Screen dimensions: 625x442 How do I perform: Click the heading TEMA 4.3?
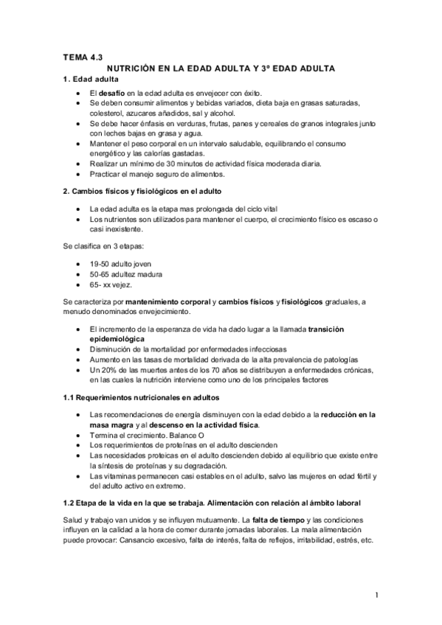point(83,56)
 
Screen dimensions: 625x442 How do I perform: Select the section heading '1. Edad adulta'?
point(91,79)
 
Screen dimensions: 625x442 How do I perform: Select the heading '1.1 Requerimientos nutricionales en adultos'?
point(142,398)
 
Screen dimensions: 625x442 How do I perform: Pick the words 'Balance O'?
point(184,436)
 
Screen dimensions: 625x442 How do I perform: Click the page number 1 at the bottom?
point(376,595)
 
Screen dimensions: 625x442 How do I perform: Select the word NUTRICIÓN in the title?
point(143,68)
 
